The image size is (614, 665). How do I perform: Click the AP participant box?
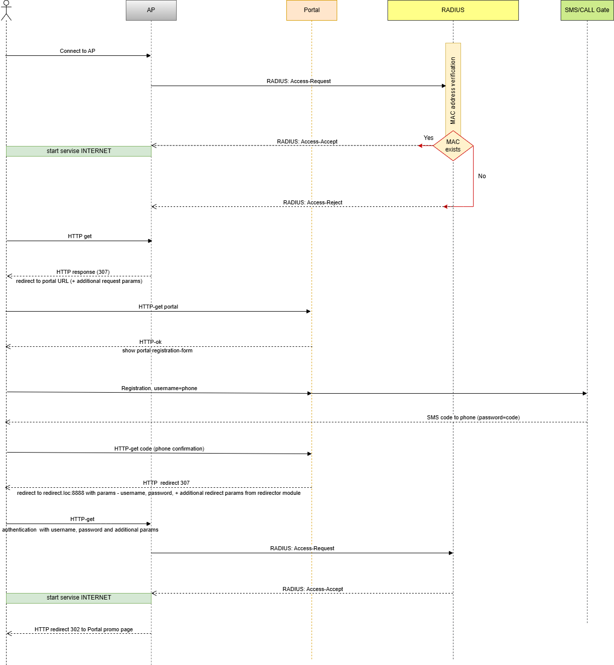coord(151,10)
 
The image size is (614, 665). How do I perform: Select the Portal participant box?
coord(312,10)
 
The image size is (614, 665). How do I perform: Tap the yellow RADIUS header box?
coord(453,10)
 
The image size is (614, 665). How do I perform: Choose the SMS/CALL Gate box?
coord(587,10)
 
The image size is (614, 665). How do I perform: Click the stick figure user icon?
coord(6,10)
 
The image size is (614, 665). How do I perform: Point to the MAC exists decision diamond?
coord(453,146)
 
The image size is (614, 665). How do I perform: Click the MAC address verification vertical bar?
coord(453,88)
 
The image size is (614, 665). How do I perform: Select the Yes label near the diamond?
coord(428,138)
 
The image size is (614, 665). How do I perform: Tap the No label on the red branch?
coord(482,176)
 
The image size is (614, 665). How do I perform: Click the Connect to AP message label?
coord(78,51)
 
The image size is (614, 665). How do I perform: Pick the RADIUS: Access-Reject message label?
coord(313,202)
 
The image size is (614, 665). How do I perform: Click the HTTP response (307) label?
coord(83,272)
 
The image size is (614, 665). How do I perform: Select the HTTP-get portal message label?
coord(159,307)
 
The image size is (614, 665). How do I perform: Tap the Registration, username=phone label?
coord(159,388)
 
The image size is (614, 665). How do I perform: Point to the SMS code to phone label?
coord(473,417)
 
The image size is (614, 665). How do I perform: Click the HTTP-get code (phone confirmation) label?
coord(159,449)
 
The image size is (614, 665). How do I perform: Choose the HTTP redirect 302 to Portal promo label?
coord(84,629)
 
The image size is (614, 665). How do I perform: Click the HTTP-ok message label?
coord(150,342)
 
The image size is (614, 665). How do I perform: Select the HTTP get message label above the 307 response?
coord(80,236)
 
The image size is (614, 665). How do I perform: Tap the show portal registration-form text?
coord(157,350)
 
